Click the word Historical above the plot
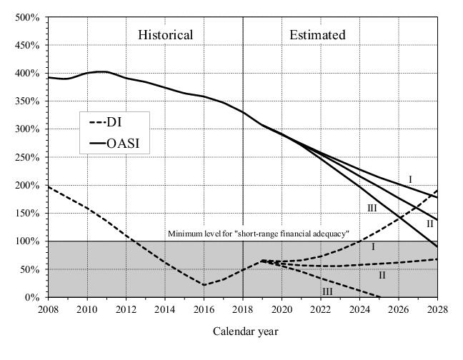coord(165,35)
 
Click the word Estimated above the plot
coord(317,35)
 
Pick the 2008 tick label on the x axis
coord(48,309)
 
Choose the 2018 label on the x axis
coord(243,309)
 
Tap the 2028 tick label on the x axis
coord(437,309)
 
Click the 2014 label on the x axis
coord(165,309)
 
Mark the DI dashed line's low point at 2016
coord(204,285)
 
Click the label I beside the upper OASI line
coord(410,179)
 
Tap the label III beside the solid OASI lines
coord(372,207)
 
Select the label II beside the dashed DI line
coord(382,274)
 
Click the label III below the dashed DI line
coord(328,291)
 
